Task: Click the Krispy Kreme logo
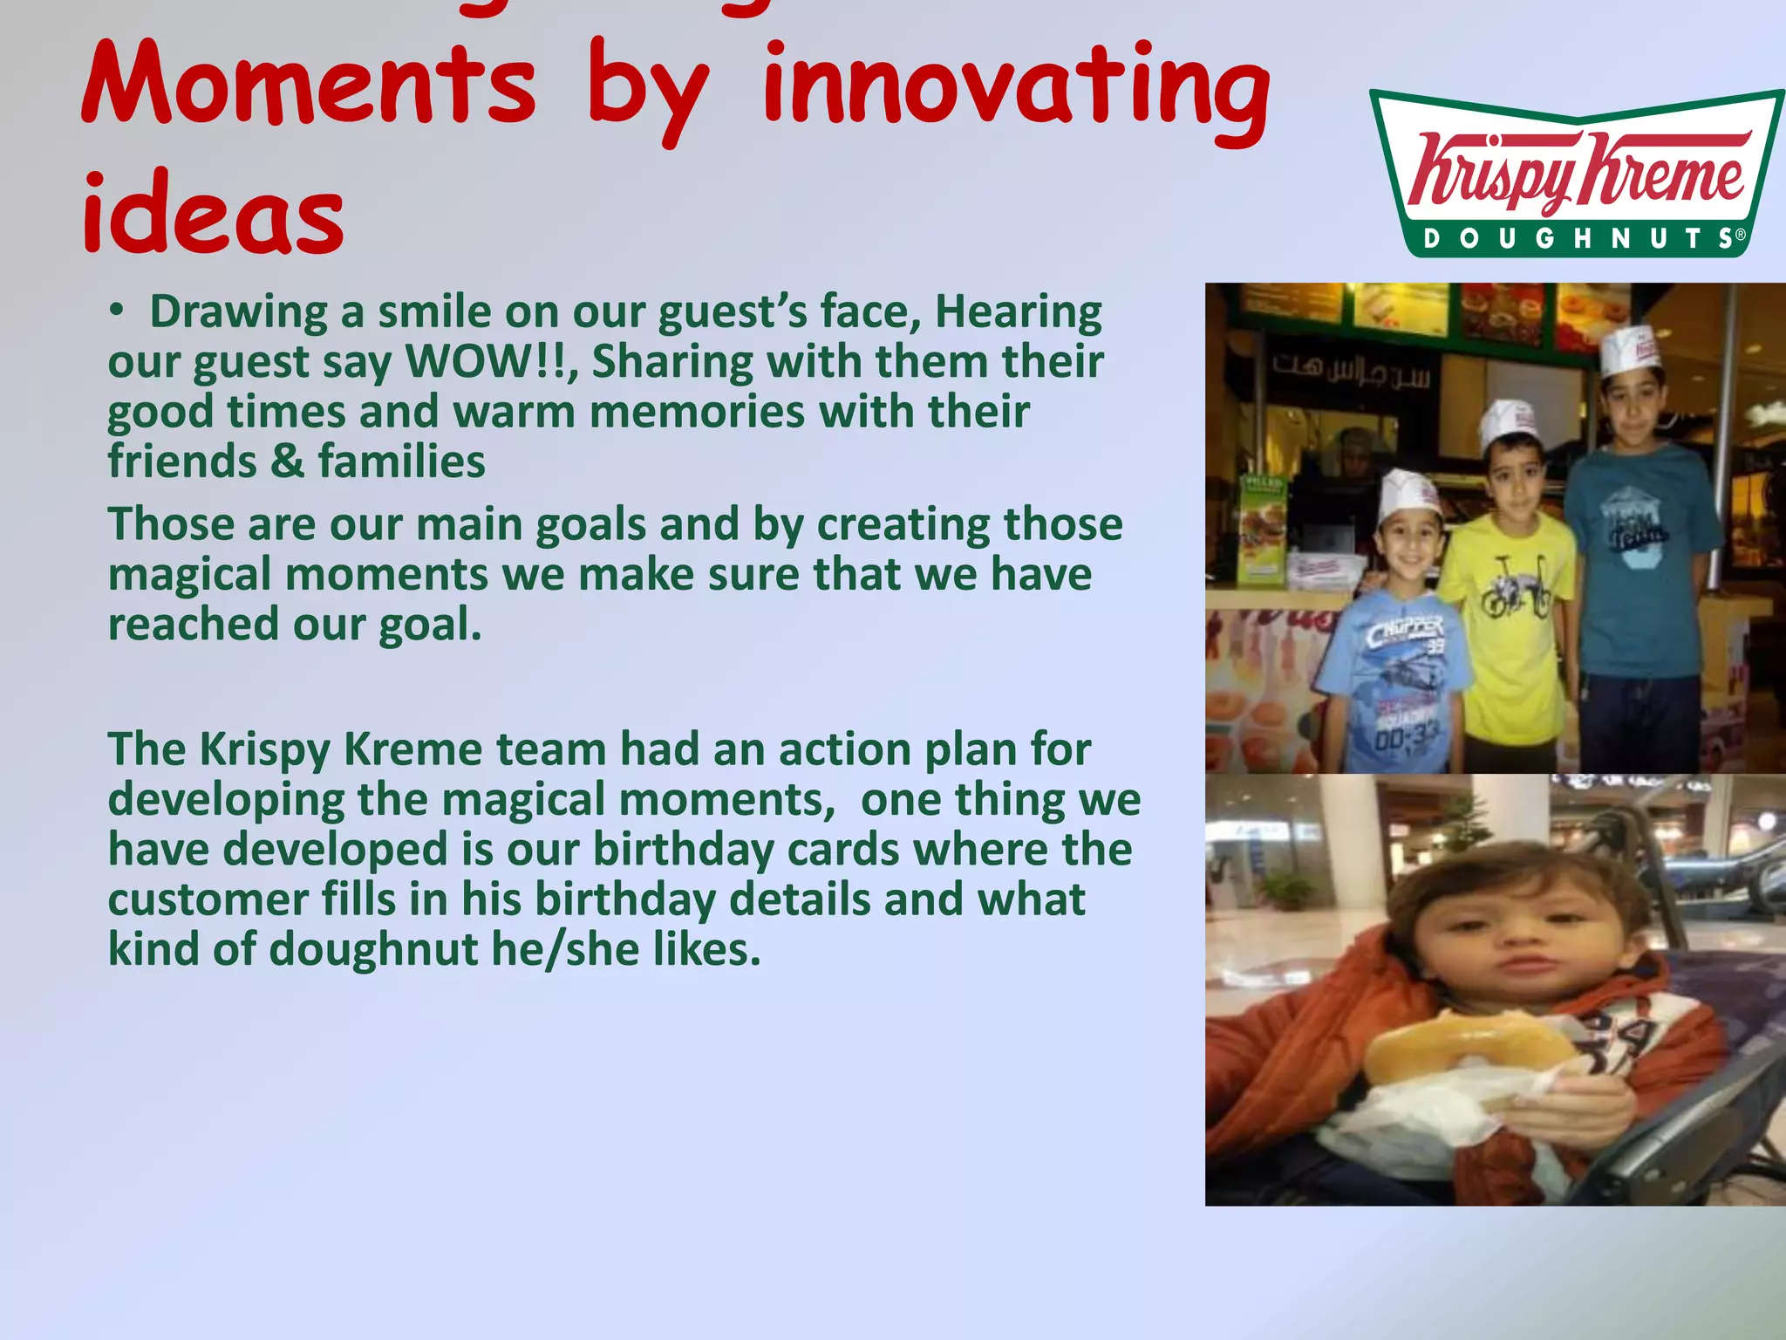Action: (x=1577, y=173)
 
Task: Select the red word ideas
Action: (x=214, y=215)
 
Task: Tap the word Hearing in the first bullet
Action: (x=1018, y=311)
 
